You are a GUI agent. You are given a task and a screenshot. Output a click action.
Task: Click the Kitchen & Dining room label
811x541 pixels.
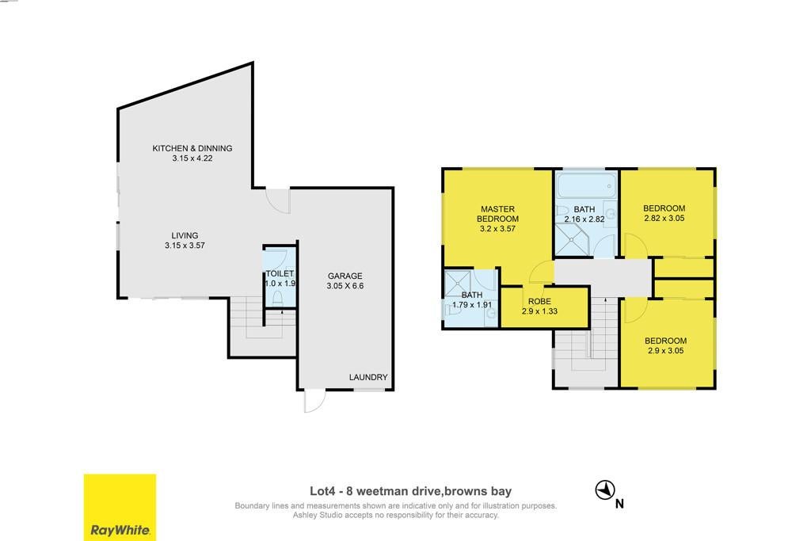192,148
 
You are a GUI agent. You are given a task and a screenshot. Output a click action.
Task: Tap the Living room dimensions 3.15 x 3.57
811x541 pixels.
185,246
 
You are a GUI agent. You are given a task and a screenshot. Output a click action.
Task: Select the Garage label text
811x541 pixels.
345,276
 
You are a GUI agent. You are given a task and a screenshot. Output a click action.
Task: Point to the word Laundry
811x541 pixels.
367,377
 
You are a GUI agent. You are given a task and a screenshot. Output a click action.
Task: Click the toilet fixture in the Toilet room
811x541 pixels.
278,297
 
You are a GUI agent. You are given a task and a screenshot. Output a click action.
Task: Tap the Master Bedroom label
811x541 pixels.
497,214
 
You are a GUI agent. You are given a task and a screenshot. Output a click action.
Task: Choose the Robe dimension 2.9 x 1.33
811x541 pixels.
539,311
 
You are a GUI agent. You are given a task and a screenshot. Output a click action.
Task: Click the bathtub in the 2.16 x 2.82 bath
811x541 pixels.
587,185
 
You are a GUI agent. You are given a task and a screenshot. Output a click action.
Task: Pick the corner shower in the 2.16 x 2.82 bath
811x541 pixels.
573,239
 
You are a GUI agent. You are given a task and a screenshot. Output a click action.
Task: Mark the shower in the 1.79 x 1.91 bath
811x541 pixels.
458,284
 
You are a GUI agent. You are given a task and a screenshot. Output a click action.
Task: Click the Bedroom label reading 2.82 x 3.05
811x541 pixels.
664,213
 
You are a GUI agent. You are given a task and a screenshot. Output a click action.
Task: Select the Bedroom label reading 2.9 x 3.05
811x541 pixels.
665,345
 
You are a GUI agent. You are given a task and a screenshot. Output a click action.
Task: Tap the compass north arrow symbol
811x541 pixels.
604,490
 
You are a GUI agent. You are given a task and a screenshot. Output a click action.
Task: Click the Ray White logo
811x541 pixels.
120,508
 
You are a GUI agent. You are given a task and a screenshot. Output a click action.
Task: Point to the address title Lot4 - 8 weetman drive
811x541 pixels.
374,491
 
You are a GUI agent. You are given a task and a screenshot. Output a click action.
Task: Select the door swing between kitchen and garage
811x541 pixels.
278,200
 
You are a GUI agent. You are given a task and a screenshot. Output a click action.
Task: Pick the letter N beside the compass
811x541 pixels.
619,503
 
